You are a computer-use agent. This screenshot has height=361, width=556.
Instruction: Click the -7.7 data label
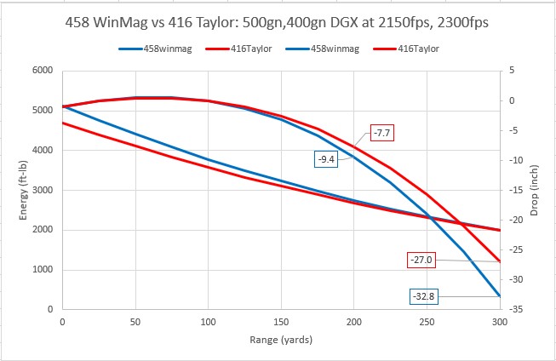(x=381, y=133)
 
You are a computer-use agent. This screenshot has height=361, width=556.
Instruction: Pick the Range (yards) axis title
(x=281, y=341)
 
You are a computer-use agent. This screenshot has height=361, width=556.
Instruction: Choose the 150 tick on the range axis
(x=281, y=323)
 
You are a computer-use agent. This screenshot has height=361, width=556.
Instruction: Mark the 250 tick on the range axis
(x=427, y=323)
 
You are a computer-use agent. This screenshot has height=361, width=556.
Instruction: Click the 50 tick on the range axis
(x=135, y=323)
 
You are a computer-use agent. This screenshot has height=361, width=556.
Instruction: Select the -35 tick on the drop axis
(x=513, y=310)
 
